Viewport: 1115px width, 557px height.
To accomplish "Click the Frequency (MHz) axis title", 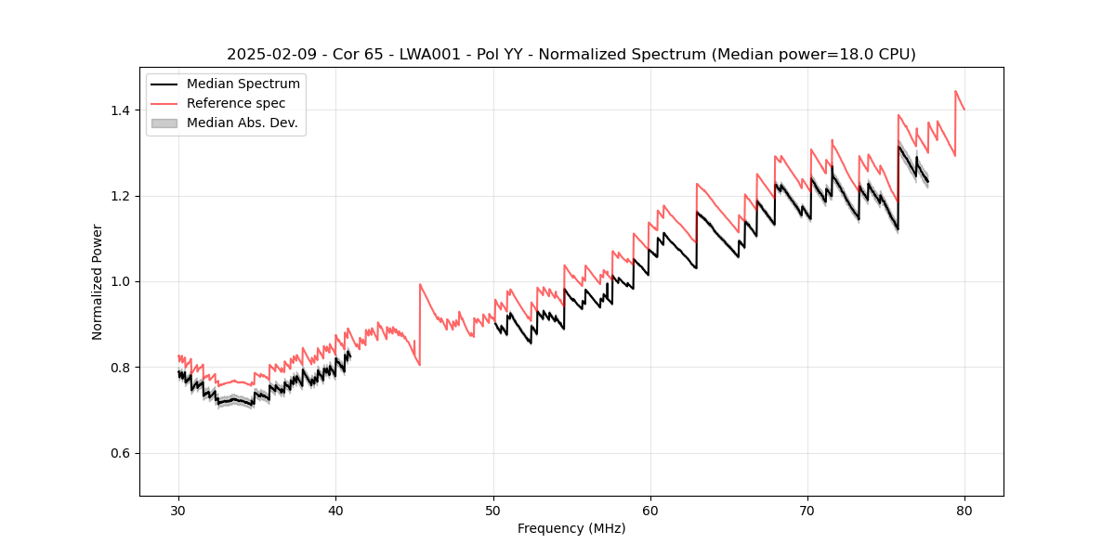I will point(571,528).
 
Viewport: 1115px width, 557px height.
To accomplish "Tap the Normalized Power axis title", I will point(98,281).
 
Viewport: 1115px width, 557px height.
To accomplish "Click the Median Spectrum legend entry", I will point(243,84).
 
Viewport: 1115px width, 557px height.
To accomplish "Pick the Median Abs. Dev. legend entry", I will point(243,123).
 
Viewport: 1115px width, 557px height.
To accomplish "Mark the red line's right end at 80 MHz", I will point(964,110).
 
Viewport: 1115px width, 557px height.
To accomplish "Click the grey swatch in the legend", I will point(164,123).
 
